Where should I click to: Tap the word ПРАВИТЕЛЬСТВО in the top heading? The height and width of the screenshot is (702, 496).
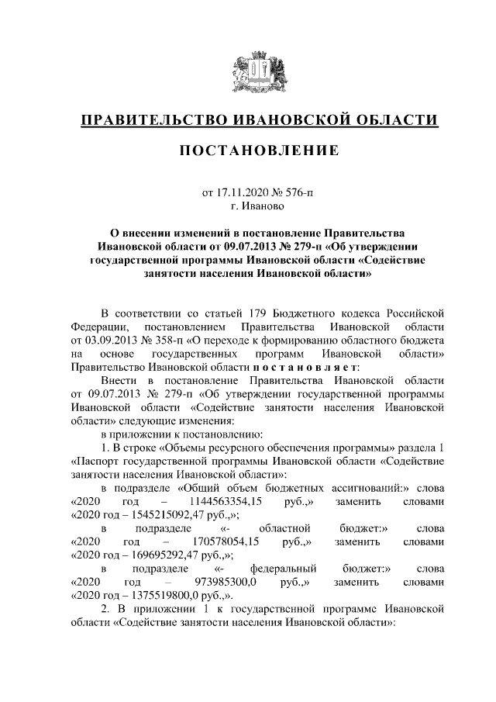pyautogui.click(x=148, y=120)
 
